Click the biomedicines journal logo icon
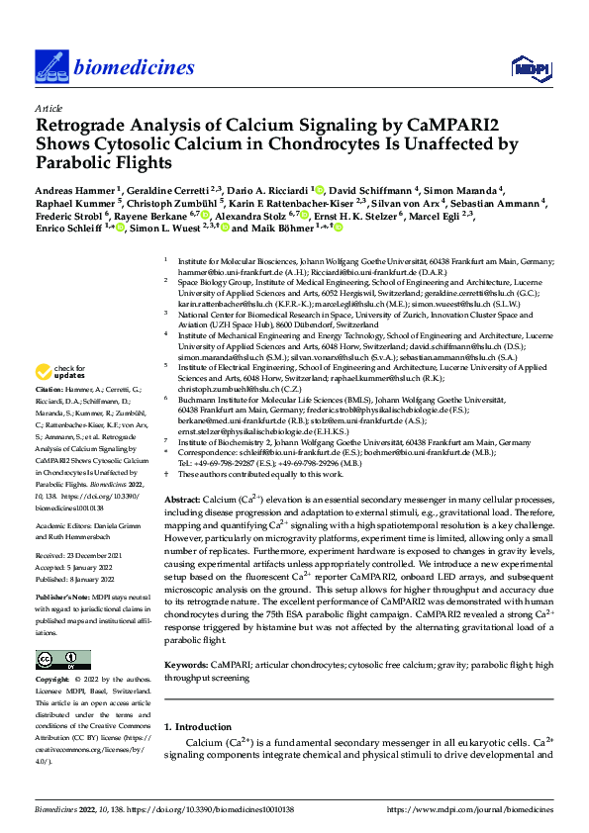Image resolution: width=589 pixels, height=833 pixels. tap(50, 66)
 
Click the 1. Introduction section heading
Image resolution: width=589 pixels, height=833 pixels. tap(204, 727)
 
